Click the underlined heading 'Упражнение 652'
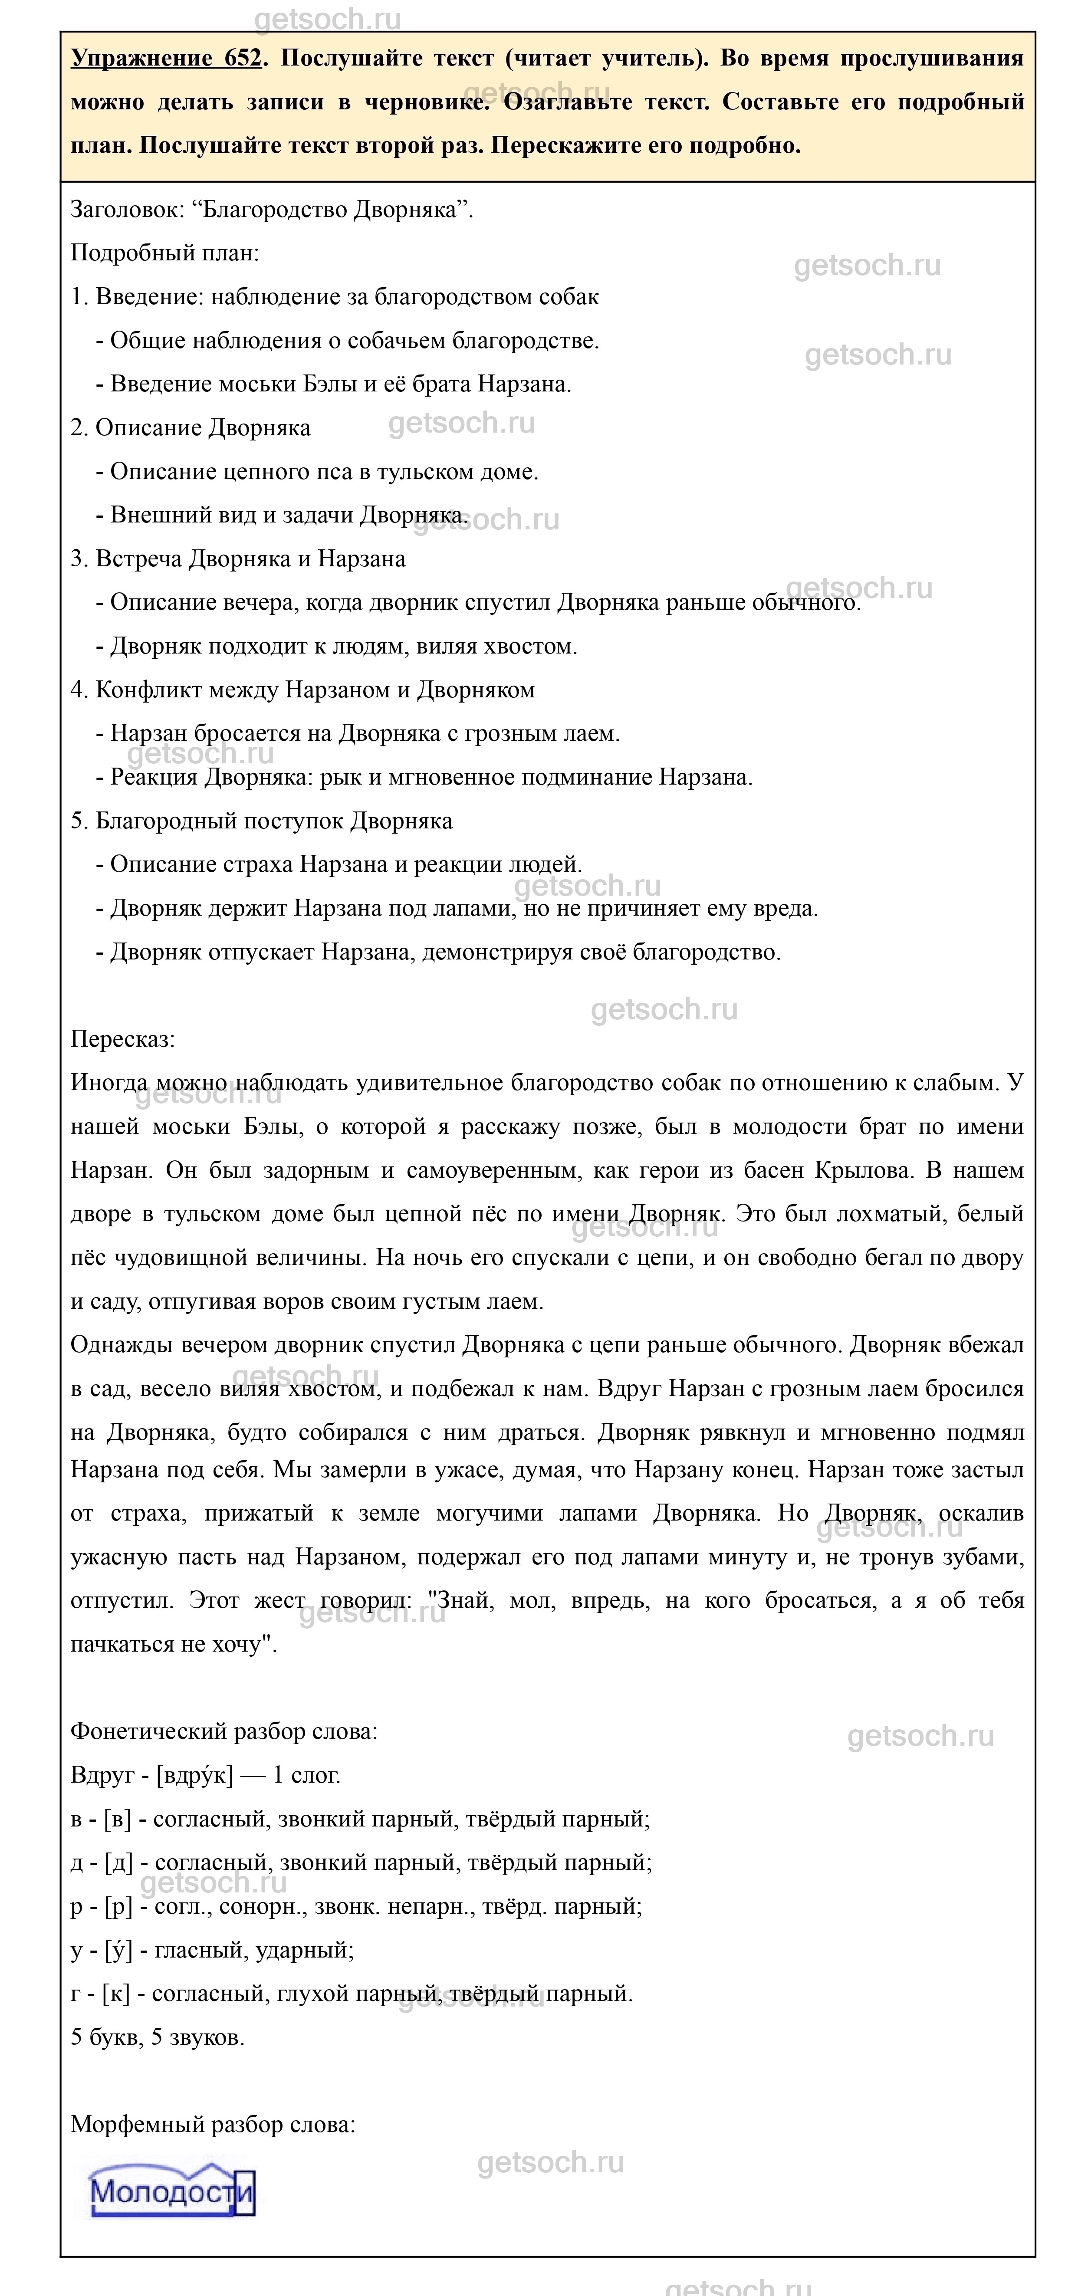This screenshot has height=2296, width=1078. point(167,59)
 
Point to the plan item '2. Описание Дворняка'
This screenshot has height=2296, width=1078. point(190,428)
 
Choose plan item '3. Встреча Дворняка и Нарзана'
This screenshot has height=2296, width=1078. point(238,559)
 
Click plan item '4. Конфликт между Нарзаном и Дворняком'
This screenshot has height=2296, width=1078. point(302,690)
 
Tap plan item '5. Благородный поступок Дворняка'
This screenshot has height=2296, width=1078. point(261,821)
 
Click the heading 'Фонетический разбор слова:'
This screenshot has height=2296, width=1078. point(224,1731)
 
